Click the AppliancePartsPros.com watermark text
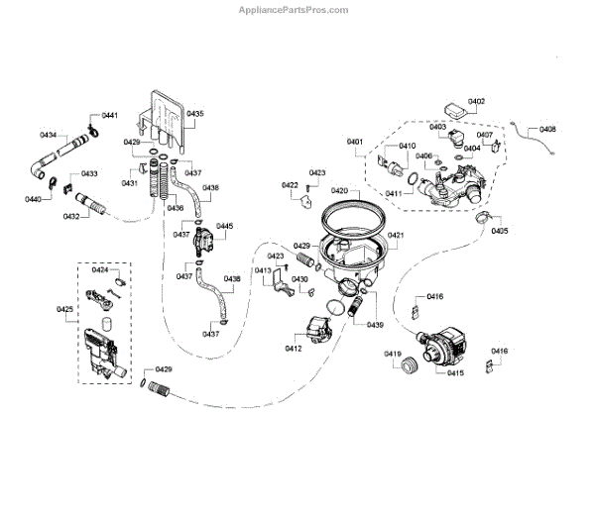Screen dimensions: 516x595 coord(297,10)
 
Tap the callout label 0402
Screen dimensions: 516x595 coord(476,102)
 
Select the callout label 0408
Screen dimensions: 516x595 coord(547,130)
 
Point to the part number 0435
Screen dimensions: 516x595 coord(195,115)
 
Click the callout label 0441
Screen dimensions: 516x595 coord(110,116)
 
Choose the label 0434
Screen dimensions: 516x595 coord(48,134)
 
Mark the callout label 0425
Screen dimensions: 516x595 coord(64,310)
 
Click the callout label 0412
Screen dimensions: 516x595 coord(293,348)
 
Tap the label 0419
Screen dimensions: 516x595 coord(393,354)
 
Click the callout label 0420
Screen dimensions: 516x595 coord(338,190)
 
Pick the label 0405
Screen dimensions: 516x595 coord(499,231)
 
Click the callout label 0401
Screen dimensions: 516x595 coord(355,143)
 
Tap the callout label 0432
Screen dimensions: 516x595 coord(71,216)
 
